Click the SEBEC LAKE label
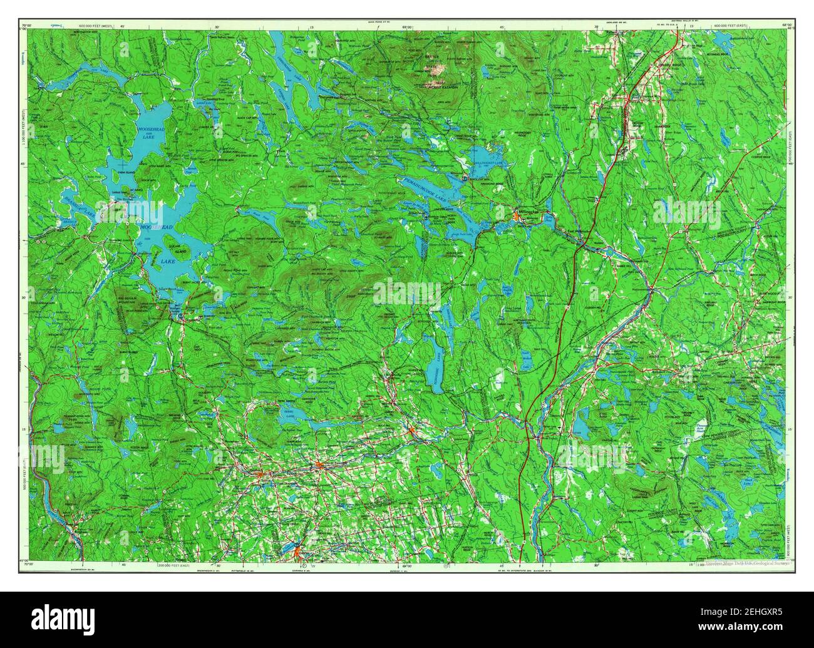289,416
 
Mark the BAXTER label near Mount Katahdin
430,57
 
